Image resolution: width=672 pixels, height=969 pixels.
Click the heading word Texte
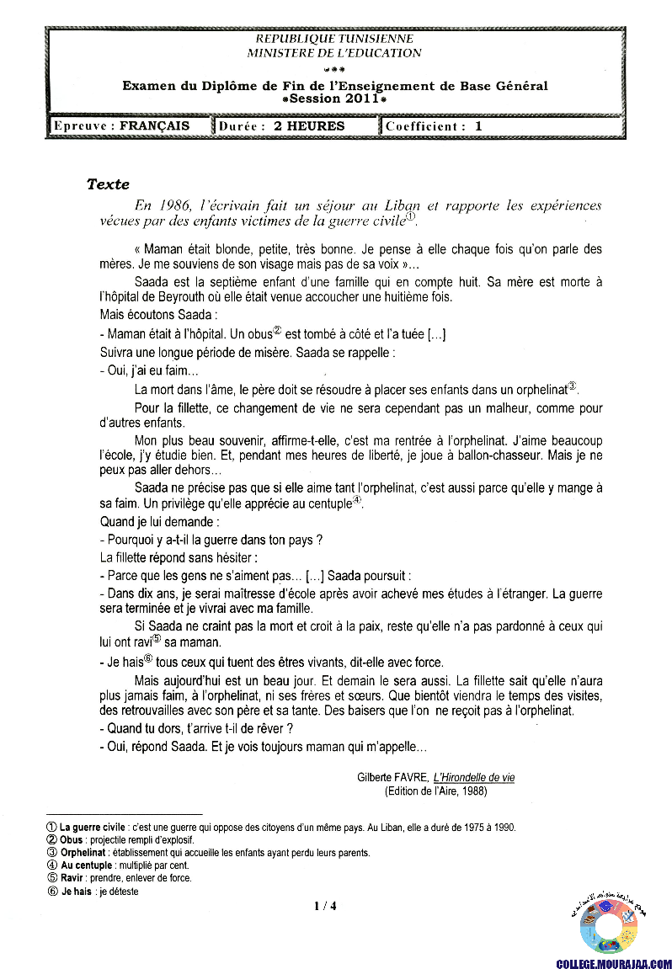108,184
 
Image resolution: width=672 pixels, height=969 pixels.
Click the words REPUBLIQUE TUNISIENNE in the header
334,39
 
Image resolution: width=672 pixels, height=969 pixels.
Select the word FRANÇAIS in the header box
155,126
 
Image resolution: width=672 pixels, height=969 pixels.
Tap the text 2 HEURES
309,126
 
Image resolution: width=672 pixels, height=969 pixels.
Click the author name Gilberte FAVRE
392,778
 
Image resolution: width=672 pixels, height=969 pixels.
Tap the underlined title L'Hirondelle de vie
474,778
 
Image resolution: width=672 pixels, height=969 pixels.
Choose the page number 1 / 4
325,906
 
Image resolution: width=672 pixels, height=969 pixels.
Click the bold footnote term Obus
72,840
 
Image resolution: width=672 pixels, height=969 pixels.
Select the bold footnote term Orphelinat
85,853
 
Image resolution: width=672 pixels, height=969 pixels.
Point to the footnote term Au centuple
86,865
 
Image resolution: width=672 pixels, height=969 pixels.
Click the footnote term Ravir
72,878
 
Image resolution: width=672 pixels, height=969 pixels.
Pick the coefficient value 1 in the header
478,126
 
